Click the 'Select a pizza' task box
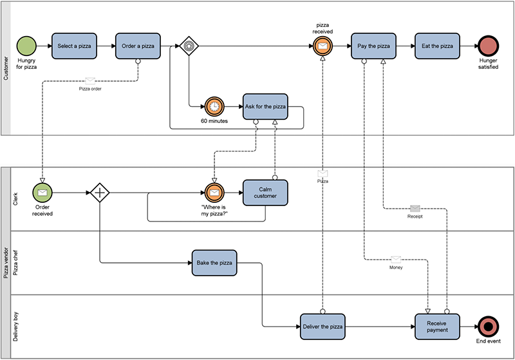pyautogui.click(x=73, y=46)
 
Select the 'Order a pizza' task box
pyautogui.click(x=138, y=46)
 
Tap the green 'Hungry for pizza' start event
pyautogui.click(x=26, y=46)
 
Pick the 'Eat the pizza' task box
pyautogui.click(x=437, y=46)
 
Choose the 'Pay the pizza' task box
pyautogui.click(x=373, y=46)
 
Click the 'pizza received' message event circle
pyautogui.click(x=323, y=46)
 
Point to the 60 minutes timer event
pyautogui.click(x=214, y=106)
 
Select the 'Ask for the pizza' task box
pyautogui.click(x=265, y=106)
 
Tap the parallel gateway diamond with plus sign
pyautogui.click(x=99, y=192)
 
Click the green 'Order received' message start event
pyautogui.click(x=42, y=192)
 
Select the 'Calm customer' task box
pyautogui.click(x=265, y=192)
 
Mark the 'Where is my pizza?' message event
pyautogui.click(x=214, y=192)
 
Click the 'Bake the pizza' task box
pyautogui.click(x=214, y=263)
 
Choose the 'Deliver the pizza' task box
pyautogui.click(x=323, y=327)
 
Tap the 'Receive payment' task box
pyautogui.click(x=437, y=327)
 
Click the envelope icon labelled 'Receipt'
pyautogui.click(x=415, y=208)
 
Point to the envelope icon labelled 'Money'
pyautogui.click(x=396, y=258)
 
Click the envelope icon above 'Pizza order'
pyautogui.click(x=90, y=81)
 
